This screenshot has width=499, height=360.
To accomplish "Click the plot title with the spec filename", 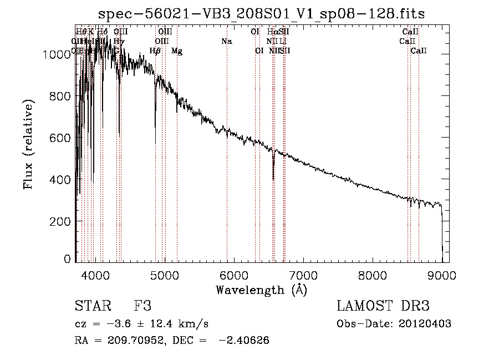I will pos(261,14).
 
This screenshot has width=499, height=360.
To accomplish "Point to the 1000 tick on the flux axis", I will pos(56,54).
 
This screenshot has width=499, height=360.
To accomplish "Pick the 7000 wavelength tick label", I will pos(303,274).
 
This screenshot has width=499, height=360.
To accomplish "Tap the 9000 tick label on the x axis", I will pos(442,274).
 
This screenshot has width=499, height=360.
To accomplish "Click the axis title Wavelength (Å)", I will pos(261,289).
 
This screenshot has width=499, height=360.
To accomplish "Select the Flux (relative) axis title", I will pos(28,144).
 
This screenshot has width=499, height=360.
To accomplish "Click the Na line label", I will pos(226,41).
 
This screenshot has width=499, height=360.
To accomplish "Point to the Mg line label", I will pos(177,51).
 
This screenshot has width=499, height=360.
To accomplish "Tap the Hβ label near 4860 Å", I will pos(155,51).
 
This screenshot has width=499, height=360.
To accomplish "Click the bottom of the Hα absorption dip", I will pos(273,179).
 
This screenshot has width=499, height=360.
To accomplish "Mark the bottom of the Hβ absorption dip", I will pos(155,143).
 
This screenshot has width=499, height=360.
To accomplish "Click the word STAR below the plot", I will pos(92,307).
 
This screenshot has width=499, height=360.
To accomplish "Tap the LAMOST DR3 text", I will pos(383,307).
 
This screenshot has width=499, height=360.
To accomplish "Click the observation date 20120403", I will pos(425,324).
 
